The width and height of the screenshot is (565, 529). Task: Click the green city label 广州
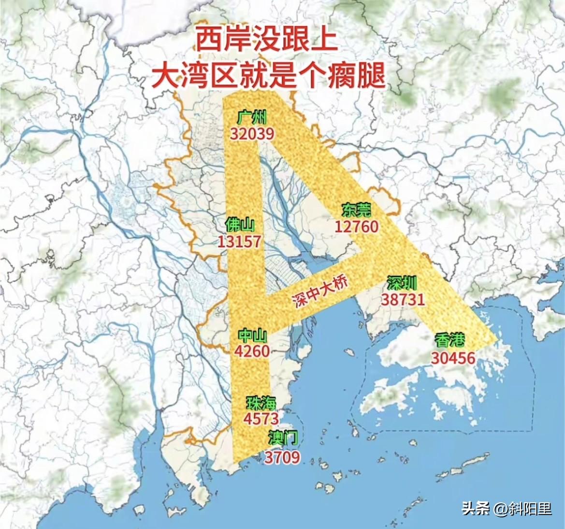click(252, 117)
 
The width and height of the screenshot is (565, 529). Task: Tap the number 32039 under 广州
click(252, 134)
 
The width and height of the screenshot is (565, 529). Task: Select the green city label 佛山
click(240, 225)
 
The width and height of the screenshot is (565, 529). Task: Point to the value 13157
click(239, 242)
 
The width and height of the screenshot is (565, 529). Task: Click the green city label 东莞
click(356, 210)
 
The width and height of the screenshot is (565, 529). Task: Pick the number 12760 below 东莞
click(357, 226)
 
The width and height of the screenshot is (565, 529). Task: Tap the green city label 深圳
click(402, 283)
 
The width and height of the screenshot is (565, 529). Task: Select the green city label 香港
click(449, 340)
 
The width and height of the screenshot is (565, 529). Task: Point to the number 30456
click(453, 358)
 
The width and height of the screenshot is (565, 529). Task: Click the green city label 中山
click(252, 335)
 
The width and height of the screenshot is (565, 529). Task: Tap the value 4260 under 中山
click(252, 351)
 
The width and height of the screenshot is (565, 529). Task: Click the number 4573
click(261, 419)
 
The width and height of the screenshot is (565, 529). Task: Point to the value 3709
click(282, 457)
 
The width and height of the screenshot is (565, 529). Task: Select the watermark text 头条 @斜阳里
click(507, 509)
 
